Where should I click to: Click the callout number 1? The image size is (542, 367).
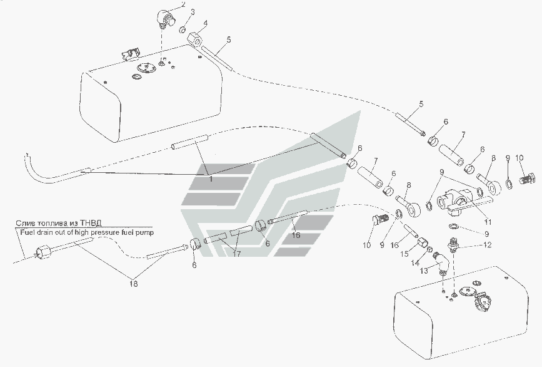pyautogui.click(x=211, y=178)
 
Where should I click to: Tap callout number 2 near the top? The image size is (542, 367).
pyautogui.click(x=165, y=4)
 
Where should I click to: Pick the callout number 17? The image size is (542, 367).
pyautogui.click(x=237, y=255)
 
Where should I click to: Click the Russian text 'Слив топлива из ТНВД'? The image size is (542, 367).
pyautogui.click(x=54, y=222)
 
